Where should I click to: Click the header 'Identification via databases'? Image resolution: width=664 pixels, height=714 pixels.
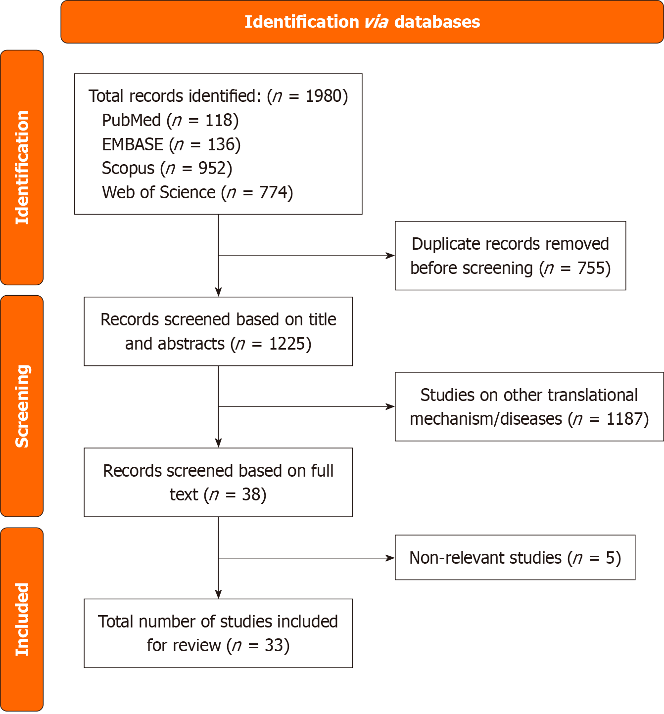click(362, 22)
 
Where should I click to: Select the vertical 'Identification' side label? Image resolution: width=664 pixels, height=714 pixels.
click(22, 167)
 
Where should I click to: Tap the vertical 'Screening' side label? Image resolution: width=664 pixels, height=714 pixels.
click(22, 406)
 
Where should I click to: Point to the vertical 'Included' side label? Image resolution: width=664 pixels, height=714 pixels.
click(22, 619)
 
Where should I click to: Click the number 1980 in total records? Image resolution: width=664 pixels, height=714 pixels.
click(324, 96)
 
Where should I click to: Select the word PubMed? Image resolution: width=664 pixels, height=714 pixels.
click(131, 120)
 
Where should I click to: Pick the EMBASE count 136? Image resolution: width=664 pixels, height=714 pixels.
click(221, 144)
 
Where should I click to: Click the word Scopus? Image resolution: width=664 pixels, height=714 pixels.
click(128, 168)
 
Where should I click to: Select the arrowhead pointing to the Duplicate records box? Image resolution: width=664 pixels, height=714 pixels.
click(390, 256)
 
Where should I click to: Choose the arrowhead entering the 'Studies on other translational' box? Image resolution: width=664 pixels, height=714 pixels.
click(390, 406)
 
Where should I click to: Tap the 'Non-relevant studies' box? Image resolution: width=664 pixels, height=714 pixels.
click(515, 558)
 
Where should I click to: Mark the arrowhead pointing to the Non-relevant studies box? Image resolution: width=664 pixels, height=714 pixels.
click(390, 558)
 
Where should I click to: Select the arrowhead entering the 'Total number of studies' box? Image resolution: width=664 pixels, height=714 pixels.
click(218, 594)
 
